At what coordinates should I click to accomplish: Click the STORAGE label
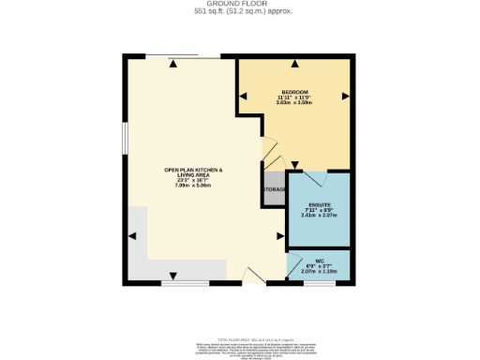pos(273,190)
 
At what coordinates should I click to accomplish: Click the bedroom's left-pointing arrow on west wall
pos(243,96)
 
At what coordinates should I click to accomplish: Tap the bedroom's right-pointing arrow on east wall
pos(346,96)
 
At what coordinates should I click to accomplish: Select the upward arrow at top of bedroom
pos(295,64)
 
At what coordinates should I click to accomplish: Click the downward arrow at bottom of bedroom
pos(295,129)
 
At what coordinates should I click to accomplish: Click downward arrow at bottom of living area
pos(174,274)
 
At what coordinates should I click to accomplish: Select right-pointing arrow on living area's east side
pos(278,236)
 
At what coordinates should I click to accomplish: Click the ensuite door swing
pos(315,179)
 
